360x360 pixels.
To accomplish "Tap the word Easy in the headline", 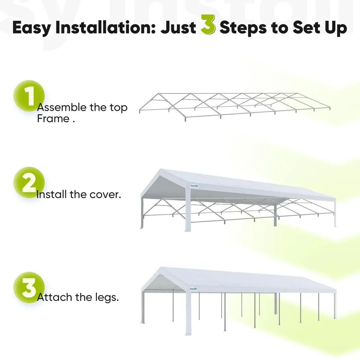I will point(31,28).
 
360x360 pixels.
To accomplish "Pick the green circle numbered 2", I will point(29,182).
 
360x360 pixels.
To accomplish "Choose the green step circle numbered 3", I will point(29,287).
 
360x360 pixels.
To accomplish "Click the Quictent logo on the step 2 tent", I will point(194,186).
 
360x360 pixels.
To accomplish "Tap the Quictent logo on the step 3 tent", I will point(193,289).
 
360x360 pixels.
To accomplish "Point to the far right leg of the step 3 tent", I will point(335,304).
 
